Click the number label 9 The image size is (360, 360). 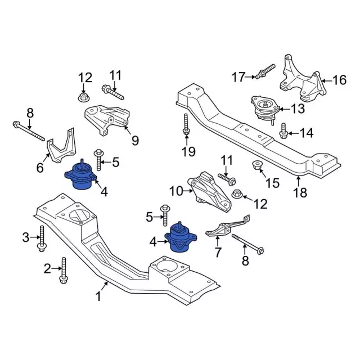point(135,140)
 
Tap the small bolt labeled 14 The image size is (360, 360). point(283,130)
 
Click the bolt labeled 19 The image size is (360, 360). point(186,125)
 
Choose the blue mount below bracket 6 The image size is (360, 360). point(83,178)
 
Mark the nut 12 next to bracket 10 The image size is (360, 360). point(237,195)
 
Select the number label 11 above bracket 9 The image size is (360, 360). point(115,75)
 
